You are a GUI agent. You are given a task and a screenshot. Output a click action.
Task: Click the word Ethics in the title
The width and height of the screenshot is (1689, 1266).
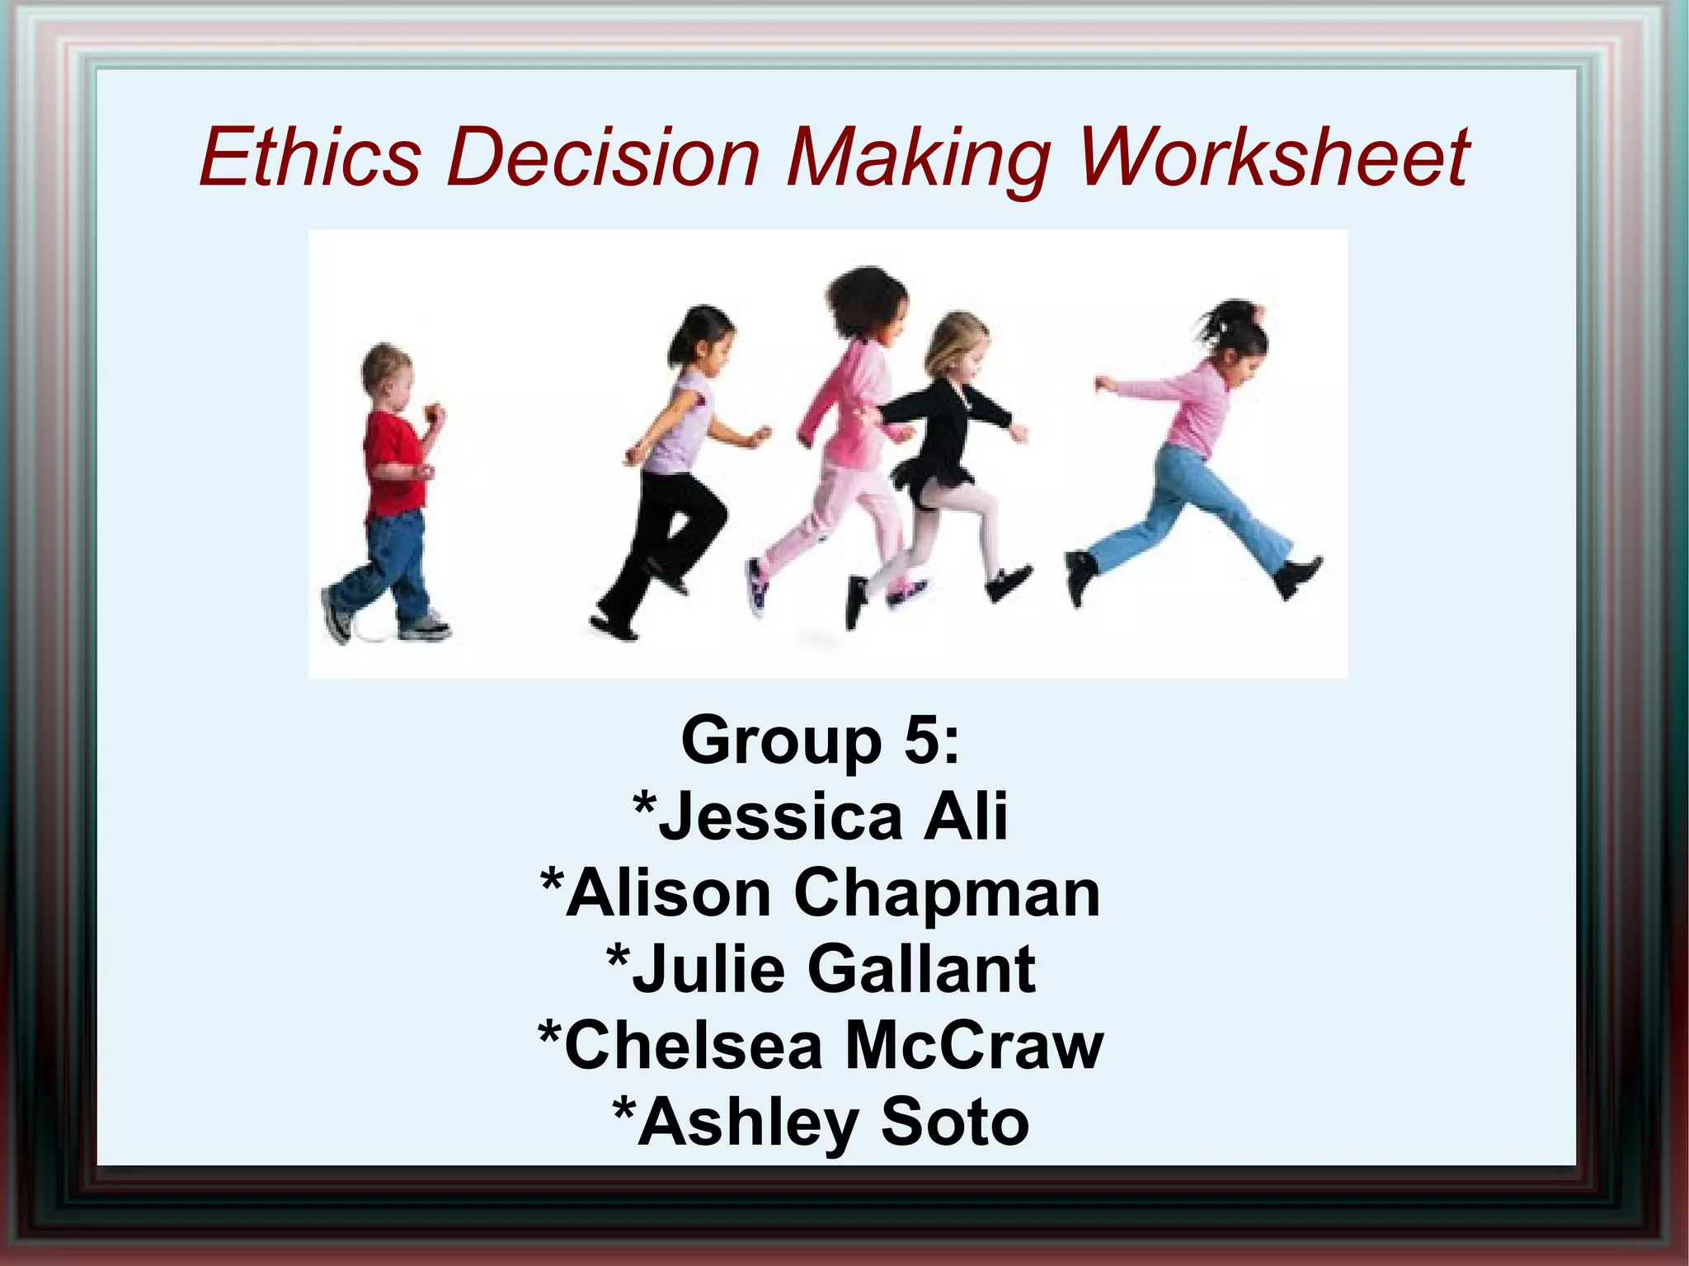point(310,157)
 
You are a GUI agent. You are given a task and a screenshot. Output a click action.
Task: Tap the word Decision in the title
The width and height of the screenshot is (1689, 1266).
point(602,157)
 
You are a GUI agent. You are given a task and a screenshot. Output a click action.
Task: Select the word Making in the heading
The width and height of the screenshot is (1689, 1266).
point(918,157)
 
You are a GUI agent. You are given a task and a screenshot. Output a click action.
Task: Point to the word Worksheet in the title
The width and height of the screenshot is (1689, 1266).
point(1273,157)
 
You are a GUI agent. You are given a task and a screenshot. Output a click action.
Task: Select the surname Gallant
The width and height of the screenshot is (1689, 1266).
point(921,969)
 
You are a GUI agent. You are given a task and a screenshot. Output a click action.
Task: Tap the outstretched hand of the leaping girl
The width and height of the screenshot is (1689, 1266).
point(1103,384)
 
